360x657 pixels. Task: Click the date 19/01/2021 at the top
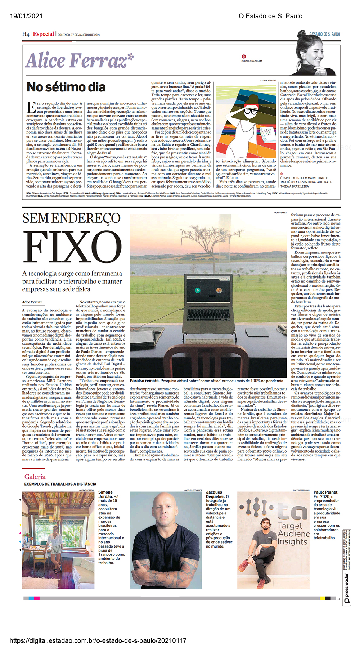[x=26, y=16]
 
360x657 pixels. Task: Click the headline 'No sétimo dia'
[x=66, y=87]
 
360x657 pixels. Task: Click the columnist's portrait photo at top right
[x=317, y=54]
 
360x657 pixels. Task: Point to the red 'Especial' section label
[x=44, y=34]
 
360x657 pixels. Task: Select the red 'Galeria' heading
[x=35, y=477]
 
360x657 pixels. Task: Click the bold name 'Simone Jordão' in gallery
[x=105, y=494]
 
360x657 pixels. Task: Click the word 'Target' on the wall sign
[x=290, y=525]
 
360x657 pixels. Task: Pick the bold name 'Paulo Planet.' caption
[x=326, y=492]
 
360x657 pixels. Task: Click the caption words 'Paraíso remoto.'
[x=144, y=381]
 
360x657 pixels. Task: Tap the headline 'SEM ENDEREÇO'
[x=71, y=218]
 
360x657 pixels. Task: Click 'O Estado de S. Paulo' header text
[x=270, y=16]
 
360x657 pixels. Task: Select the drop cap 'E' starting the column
[x=31, y=107]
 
